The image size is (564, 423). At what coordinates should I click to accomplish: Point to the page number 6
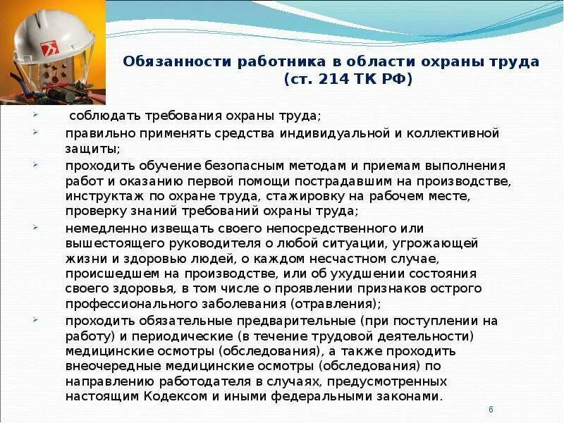491,410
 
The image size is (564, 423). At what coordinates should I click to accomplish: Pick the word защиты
91,149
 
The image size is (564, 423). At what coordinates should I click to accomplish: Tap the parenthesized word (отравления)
333,304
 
